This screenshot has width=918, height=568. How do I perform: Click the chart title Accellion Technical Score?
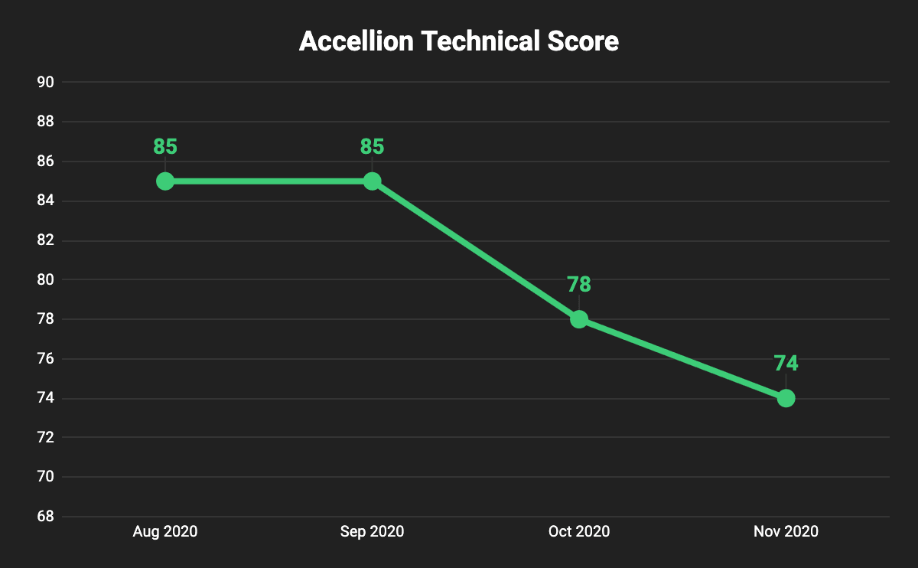458,41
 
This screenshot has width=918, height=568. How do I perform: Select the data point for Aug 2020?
165,181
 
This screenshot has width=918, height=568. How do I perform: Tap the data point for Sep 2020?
372,181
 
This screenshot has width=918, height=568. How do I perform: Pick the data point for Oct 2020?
579,319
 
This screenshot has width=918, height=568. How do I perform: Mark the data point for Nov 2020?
786,398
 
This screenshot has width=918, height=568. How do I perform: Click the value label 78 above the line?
579,285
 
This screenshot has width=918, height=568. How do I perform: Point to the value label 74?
786,364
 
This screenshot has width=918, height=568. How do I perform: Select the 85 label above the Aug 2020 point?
165,146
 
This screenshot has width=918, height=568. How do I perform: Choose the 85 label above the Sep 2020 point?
372,146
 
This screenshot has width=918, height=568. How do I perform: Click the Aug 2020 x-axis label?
165,531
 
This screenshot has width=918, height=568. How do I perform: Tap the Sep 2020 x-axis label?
372,531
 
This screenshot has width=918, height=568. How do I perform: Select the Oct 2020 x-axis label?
579,531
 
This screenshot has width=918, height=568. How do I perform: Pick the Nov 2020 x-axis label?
786,531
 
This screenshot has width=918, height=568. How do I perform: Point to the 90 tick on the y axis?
45,83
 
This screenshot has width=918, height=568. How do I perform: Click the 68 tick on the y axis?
45,517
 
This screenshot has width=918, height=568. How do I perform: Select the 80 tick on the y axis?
45,280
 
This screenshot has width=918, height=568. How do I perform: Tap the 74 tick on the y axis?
45,398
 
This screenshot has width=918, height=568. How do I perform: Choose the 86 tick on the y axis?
45,162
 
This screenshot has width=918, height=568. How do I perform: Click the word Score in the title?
582,41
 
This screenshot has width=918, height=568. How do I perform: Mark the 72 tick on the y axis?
45,438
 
